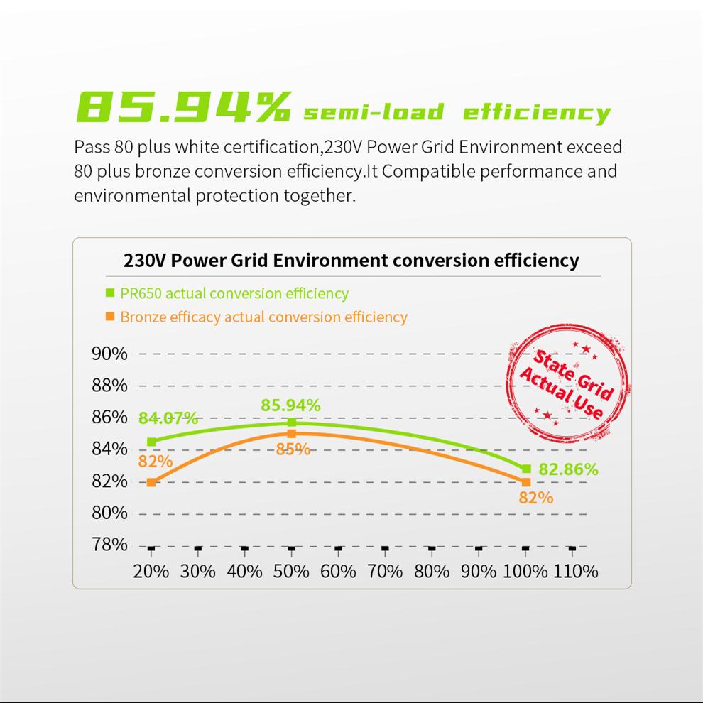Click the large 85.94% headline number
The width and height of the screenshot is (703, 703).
click(183, 107)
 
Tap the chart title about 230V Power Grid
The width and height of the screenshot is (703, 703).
click(351, 260)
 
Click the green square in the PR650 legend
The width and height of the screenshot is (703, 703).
click(110, 293)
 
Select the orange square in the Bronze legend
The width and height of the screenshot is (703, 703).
click(110, 316)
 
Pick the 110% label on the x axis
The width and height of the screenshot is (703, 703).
click(575, 571)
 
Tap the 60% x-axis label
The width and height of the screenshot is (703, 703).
click(338, 571)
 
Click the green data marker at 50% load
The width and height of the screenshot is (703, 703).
click(291, 423)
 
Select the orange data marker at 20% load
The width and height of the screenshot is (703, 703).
click(151, 482)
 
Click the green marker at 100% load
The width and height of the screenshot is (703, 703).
click(526, 469)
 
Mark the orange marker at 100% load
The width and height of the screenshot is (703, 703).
click(526, 482)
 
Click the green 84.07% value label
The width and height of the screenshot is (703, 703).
click(168, 418)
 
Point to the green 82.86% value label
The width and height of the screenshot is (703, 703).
click(568, 469)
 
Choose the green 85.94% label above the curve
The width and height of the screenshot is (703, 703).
click(290, 405)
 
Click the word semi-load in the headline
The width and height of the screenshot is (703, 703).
click(374, 112)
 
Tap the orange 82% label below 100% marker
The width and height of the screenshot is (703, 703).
click(535, 498)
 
